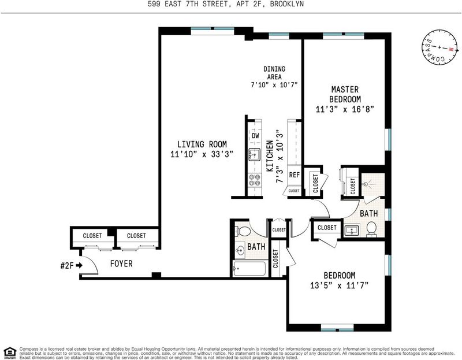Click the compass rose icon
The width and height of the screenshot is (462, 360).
440,47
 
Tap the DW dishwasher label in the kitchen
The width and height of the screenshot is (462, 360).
255,136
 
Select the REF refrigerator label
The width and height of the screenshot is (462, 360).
294,175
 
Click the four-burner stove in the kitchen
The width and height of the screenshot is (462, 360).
255,180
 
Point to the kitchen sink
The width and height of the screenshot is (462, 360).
254,154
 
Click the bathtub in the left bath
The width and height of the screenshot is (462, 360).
250,269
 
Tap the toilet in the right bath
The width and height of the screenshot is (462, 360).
371,229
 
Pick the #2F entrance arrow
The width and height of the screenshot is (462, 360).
79,266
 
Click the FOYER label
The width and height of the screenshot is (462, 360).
121,263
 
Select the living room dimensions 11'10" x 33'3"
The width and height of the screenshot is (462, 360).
202,154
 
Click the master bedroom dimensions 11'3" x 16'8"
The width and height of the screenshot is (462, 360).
345,109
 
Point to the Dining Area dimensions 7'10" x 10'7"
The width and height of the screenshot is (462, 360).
274,85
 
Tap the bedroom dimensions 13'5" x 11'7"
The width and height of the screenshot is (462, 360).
340,285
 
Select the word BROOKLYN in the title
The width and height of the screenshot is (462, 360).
286,4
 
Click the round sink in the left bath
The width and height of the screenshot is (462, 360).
240,251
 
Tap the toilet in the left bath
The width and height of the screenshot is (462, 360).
243,231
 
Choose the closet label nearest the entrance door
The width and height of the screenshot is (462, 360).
92,236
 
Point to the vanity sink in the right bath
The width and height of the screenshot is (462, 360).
352,229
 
